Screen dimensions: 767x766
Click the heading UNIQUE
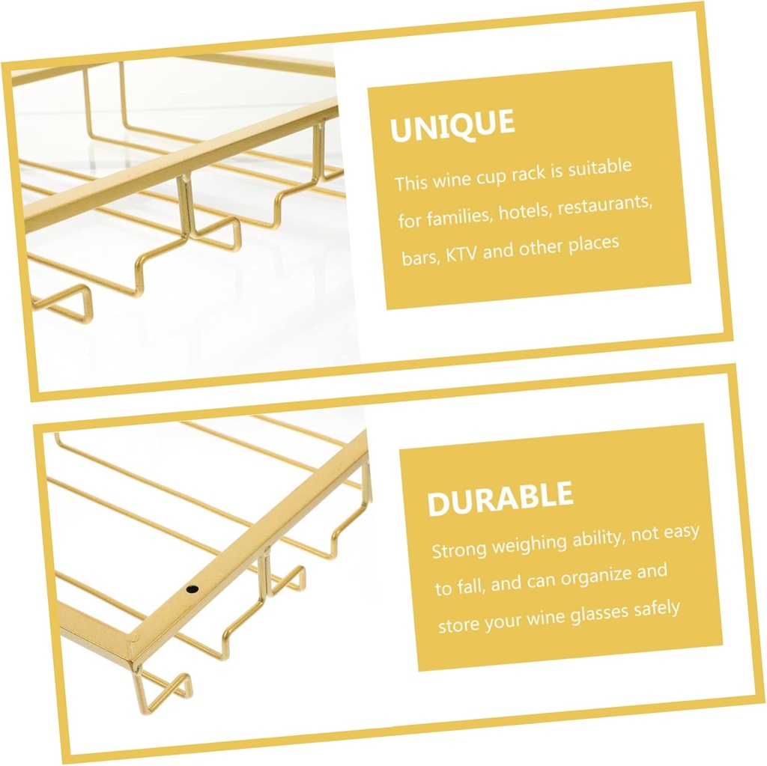tap(452, 125)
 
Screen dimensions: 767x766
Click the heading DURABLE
tap(500, 498)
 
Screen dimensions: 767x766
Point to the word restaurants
tap(605, 204)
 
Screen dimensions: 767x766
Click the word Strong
tap(459, 550)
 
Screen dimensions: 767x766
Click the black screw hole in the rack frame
tap(192, 589)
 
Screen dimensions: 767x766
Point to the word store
tap(455, 626)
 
